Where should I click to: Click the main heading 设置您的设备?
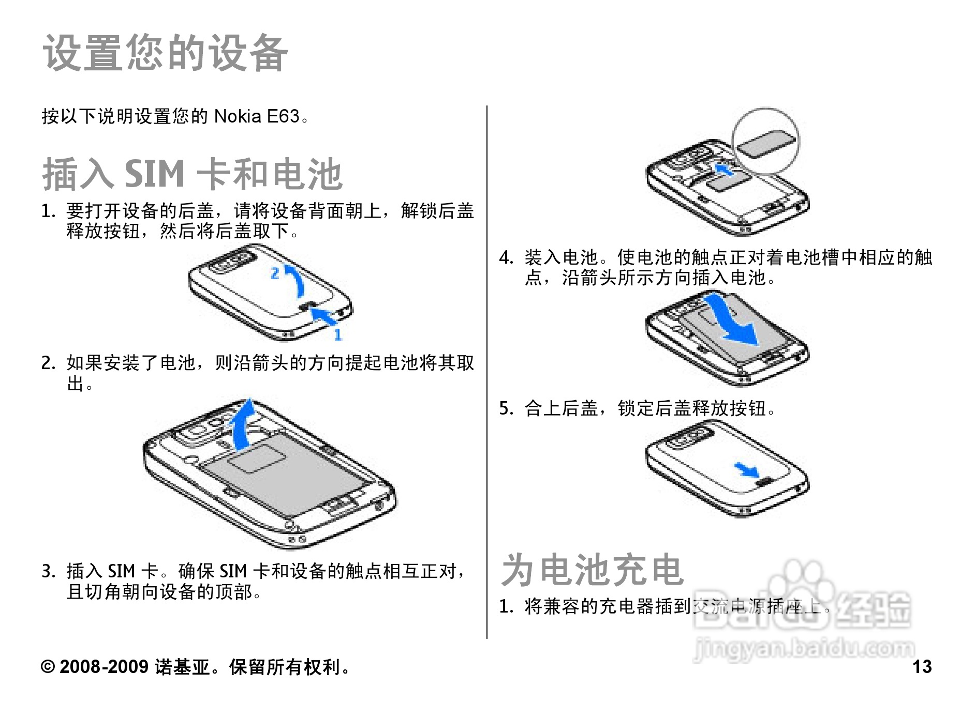pos(165,53)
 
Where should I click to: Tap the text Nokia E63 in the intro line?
pos(257,116)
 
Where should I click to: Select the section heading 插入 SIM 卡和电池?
pos(192,174)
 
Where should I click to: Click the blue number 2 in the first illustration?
pos(275,273)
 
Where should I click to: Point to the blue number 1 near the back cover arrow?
pos(338,334)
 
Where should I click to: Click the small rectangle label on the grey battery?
pos(257,457)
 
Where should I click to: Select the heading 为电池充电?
pos(593,570)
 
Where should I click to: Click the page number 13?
pos(922,667)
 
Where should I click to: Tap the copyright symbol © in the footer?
pos(48,667)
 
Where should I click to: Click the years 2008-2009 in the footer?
pos(104,667)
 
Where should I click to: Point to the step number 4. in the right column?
pos(506,257)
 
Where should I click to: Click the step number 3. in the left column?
pos(48,572)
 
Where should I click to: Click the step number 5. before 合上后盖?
pos(506,408)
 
